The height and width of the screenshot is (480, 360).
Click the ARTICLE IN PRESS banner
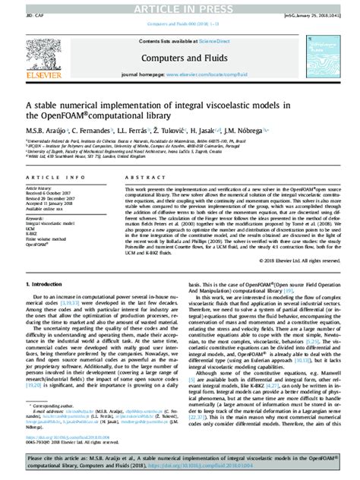(180, 7)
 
